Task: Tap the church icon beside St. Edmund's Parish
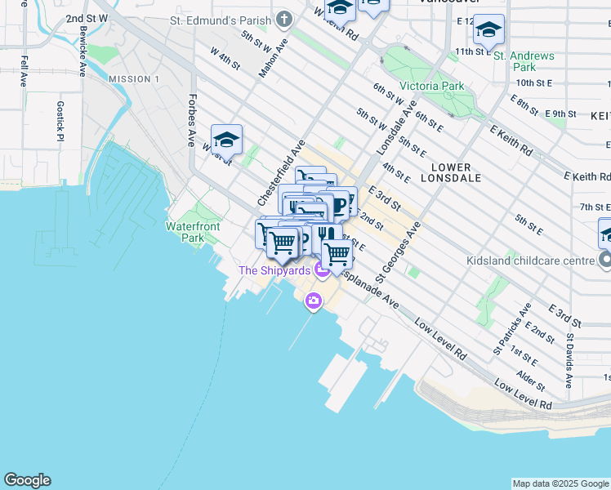pos(283,19)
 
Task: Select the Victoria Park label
pos(431,86)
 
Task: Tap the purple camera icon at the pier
pos(313,302)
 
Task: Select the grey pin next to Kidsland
pos(604,261)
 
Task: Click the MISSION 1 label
pos(134,79)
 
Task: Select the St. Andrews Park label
pos(524,61)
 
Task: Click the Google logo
pos(27,480)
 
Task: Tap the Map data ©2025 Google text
pos(560,483)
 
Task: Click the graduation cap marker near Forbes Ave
pos(226,140)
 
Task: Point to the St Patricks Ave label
pos(512,328)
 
